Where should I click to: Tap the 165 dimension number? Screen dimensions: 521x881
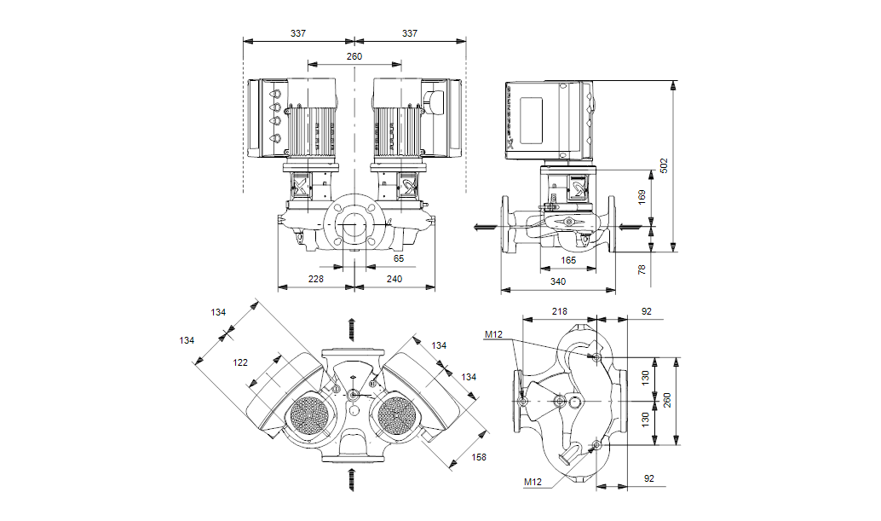click(x=568, y=260)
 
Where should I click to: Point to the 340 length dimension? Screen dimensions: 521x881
click(x=558, y=281)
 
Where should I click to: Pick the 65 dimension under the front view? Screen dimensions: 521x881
click(x=399, y=258)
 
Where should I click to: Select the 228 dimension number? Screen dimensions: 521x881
click(x=316, y=279)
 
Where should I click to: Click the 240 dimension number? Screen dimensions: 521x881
click(x=394, y=279)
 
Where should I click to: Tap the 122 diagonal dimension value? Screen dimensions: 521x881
click(x=241, y=362)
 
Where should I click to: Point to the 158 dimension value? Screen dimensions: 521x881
click(x=480, y=457)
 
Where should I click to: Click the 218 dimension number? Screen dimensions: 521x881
click(x=559, y=312)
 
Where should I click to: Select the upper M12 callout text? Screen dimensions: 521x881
click(x=495, y=334)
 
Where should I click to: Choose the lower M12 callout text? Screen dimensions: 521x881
click(x=533, y=483)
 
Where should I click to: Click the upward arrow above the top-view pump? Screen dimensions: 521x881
click(x=351, y=327)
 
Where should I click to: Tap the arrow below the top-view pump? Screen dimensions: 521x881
click(x=351, y=479)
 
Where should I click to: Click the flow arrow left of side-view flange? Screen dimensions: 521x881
click(x=484, y=226)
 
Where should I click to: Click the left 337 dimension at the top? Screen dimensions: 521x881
click(x=298, y=33)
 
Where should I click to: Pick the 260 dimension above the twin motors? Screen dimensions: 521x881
click(x=354, y=56)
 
